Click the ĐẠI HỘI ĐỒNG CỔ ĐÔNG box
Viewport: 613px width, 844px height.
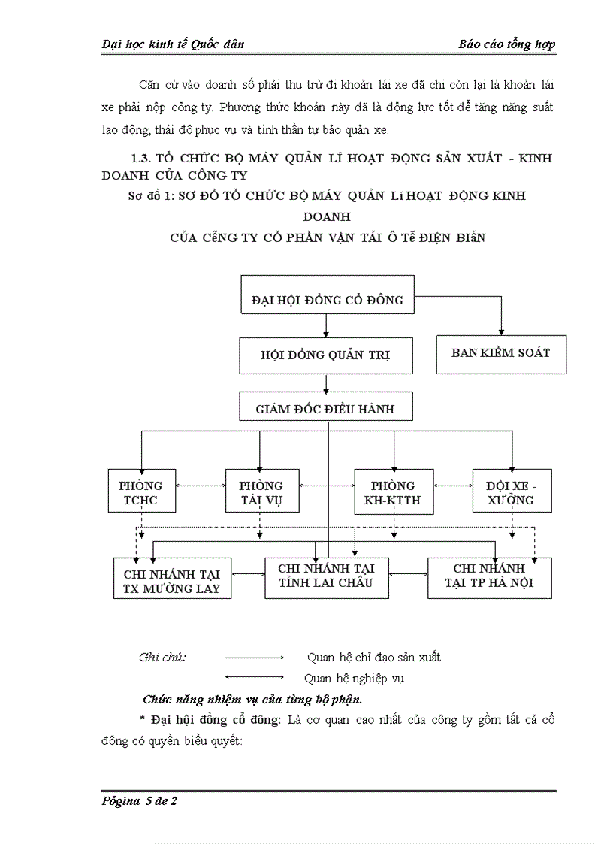click(x=327, y=300)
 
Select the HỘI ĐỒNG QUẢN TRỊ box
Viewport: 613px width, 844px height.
click(x=326, y=355)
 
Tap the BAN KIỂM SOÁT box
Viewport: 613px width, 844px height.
click(x=500, y=352)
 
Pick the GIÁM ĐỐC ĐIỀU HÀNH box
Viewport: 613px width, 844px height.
click(x=326, y=409)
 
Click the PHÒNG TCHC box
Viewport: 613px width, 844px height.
click(x=141, y=492)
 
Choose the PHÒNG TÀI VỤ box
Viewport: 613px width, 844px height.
click(x=261, y=492)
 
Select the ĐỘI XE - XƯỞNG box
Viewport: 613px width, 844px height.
click(x=514, y=492)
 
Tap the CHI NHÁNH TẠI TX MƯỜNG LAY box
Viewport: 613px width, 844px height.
click(x=171, y=580)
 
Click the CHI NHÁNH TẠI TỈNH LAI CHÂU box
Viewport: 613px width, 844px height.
click(x=326, y=576)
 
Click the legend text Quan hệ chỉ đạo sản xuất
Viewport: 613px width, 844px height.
click(x=373, y=657)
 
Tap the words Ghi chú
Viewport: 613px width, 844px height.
click(x=162, y=657)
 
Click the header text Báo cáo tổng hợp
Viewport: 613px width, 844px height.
click(x=506, y=44)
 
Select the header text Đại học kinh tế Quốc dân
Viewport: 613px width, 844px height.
click(x=173, y=44)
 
